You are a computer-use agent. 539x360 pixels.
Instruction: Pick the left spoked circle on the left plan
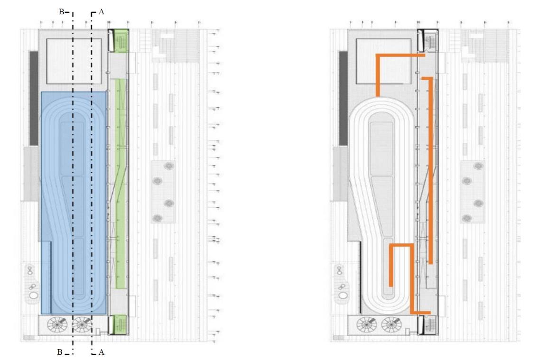tap(58, 325)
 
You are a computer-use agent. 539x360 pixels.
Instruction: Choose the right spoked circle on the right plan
tap(391, 325)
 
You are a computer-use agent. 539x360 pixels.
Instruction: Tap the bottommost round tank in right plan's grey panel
tap(467, 218)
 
